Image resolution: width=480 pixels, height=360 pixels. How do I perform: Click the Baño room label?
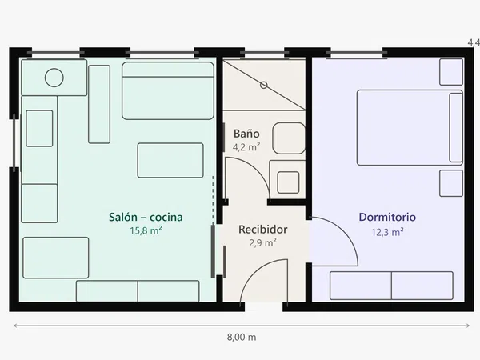[x=246, y=134]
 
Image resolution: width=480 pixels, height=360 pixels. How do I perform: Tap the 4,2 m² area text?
[x=246, y=147]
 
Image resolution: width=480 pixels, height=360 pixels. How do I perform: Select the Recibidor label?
[x=263, y=230]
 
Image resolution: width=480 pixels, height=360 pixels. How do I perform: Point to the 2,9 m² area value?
[x=263, y=242]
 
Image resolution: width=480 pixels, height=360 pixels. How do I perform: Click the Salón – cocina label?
[x=146, y=217]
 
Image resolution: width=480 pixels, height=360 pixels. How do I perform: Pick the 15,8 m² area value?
[x=146, y=230]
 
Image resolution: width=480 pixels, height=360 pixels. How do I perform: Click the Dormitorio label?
[x=387, y=217]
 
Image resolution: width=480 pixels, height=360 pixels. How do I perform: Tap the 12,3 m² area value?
[x=387, y=232]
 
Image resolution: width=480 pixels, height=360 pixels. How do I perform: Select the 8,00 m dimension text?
[x=242, y=338]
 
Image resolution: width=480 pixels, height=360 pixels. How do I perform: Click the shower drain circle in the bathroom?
[x=263, y=85]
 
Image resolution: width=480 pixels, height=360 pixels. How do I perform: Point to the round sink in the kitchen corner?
[x=54, y=78]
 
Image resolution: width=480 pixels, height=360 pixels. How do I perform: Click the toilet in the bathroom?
[x=289, y=138]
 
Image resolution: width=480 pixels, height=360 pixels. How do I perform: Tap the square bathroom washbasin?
[x=288, y=182]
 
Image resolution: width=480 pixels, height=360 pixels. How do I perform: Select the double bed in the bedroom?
[x=410, y=128]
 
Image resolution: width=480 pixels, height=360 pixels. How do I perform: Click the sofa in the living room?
[x=168, y=91]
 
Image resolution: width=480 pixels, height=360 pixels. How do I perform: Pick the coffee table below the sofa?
[x=170, y=161]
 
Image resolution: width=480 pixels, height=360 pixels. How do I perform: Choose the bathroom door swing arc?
[x=256, y=170]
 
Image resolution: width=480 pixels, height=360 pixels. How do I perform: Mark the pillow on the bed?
[x=456, y=128]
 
